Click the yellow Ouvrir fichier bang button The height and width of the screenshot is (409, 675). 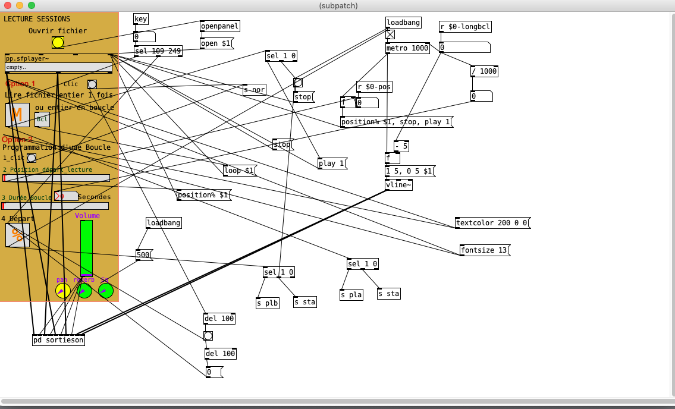click(x=58, y=42)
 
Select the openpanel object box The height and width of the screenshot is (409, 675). click(x=219, y=26)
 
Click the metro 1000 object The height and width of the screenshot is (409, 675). click(x=407, y=48)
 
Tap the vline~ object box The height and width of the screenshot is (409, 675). click(x=398, y=185)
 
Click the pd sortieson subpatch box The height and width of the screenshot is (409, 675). click(x=58, y=340)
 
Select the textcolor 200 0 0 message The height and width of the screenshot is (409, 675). click(x=491, y=223)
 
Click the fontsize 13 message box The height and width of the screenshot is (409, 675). click(x=484, y=250)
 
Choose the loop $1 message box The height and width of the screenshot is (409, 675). click(x=239, y=171)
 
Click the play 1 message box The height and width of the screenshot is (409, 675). click(x=331, y=163)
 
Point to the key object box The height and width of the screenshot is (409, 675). click(x=140, y=19)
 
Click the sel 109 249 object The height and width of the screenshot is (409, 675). click(x=158, y=51)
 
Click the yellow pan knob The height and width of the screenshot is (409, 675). click(x=62, y=291)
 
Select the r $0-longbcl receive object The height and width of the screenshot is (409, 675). click(x=465, y=27)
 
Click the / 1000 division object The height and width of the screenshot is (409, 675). click(x=484, y=71)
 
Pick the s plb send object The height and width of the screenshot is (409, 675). click(x=267, y=303)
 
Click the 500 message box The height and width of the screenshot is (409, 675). click(x=143, y=255)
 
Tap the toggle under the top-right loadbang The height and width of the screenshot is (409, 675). click(x=390, y=34)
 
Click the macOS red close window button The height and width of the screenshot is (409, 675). click(x=8, y=5)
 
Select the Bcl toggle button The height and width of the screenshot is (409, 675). click(x=42, y=119)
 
